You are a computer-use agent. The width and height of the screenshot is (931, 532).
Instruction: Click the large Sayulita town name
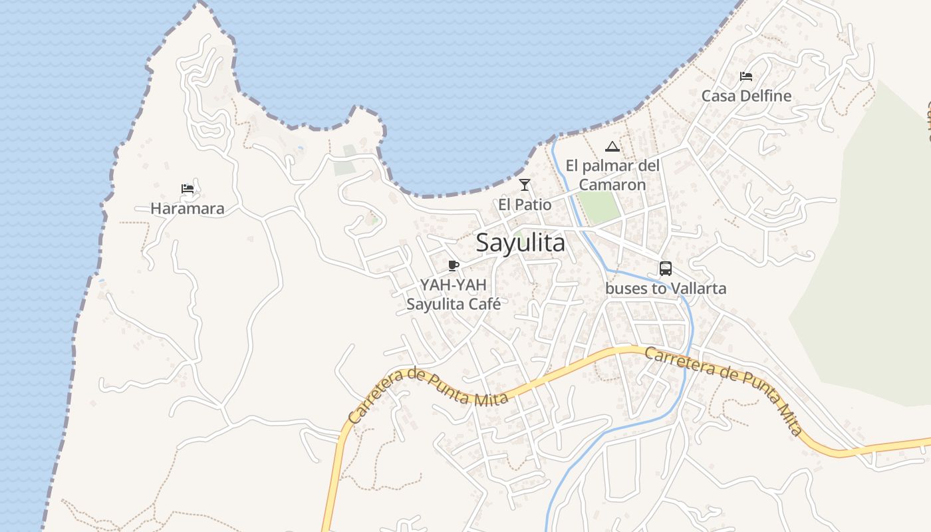(521, 243)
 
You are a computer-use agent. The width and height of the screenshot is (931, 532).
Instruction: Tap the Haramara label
(188, 209)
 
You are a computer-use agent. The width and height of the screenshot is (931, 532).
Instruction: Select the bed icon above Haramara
(188, 189)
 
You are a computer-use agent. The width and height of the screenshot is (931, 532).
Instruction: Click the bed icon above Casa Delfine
(746, 76)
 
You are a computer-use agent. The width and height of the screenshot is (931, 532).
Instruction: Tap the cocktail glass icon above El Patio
(525, 185)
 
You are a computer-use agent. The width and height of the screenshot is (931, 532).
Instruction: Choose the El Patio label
(525, 205)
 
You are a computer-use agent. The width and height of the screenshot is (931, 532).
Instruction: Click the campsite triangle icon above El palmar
(612, 147)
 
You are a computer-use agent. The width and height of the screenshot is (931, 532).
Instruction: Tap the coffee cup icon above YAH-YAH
(454, 266)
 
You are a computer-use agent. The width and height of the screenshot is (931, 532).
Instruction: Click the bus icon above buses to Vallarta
(666, 269)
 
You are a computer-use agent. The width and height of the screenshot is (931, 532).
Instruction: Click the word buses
(625, 289)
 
